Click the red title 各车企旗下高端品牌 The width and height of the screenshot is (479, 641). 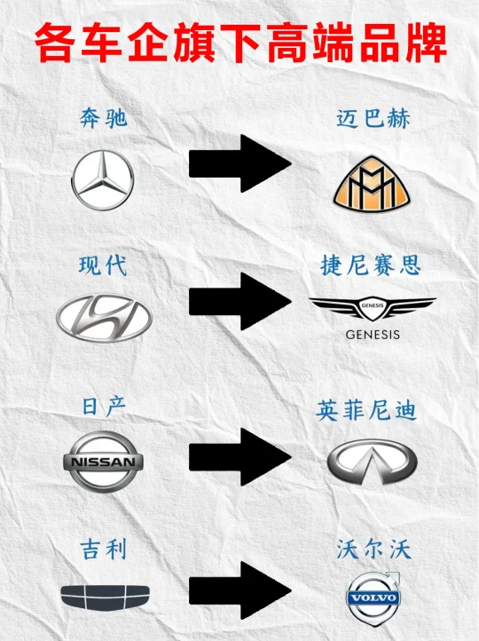[x=241, y=44]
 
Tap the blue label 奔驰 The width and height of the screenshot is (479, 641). [x=104, y=119]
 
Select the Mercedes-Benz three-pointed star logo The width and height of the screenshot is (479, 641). [x=103, y=180]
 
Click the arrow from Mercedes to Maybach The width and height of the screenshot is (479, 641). [x=240, y=163]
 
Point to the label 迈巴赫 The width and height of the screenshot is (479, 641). [x=373, y=119]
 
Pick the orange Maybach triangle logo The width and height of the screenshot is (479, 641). [x=372, y=183]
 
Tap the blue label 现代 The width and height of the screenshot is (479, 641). [x=103, y=265]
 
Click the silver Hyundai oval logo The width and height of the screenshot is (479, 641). [x=104, y=318]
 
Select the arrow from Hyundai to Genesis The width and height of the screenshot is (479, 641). [x=240, y=302]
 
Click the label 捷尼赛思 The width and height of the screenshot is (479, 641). [x=371, y=265]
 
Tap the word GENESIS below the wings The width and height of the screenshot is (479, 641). [x=373, y=335]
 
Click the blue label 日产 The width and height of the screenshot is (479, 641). [x=104, y=407]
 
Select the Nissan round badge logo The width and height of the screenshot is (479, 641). [x=103, y=462]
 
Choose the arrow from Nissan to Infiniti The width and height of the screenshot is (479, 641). [x=240, y=457]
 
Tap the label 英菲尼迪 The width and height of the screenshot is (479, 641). [x=366, y=410]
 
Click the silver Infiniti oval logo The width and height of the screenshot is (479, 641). [x=372, y=462]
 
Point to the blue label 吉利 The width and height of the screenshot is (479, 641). [x=104, y=549]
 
